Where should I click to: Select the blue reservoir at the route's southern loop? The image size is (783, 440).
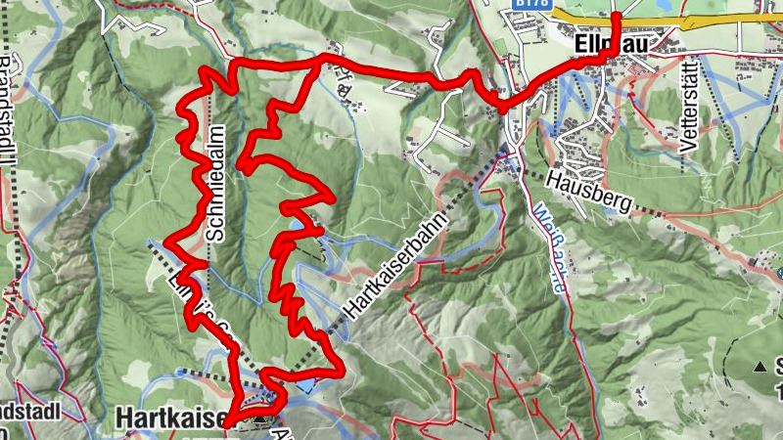click(303, 384)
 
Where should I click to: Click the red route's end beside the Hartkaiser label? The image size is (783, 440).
click(227, 426)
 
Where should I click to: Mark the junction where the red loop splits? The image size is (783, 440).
click(318, 61)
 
